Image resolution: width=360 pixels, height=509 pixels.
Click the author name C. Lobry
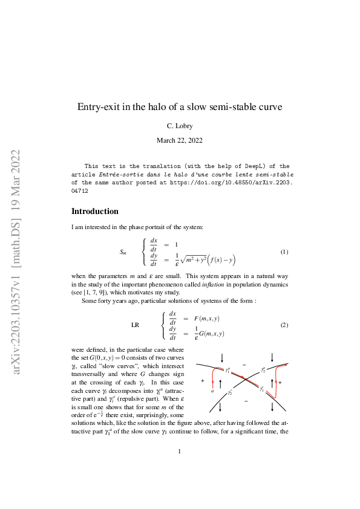(x=180, y=126)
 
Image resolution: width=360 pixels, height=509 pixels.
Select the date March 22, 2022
(x=180, y=140)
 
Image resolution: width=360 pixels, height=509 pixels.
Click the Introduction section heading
(x=95, y=212)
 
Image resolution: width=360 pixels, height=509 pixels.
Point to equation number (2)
(x=284, y=325)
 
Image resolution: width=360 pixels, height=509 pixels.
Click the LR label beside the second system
(x=136, y=325)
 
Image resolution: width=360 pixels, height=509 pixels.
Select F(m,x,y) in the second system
(x=206, y=317)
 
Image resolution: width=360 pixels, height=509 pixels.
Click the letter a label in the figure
(x=212, y=391)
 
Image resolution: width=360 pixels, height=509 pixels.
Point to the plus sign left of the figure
(x=202, y=381)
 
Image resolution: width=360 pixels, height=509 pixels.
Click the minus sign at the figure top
(x=244, y=364)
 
